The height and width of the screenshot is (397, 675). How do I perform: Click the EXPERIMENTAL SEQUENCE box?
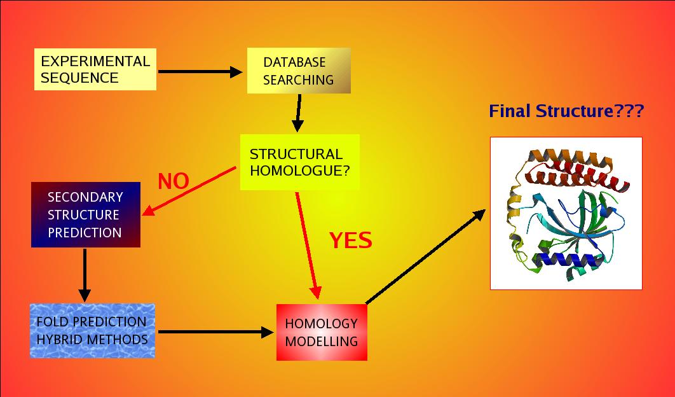coord(95,69)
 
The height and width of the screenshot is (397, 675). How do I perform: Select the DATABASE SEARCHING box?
coord(298,71)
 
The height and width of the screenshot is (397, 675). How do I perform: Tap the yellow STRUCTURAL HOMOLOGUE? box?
coord(299,162)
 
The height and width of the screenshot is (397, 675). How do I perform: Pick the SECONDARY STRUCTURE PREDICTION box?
coord(85,214)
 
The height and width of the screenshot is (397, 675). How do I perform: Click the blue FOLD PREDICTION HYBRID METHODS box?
coord(92,330)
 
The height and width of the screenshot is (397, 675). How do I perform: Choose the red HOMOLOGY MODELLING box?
coord(322,332)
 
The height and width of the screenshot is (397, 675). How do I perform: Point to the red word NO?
coord(174,181)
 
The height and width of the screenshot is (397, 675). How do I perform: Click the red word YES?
coord(350,240)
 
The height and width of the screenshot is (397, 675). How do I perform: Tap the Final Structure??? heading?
coord(566,111)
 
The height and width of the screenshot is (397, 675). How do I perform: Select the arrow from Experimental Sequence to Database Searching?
coord(200,72)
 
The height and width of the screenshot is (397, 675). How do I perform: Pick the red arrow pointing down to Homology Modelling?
coord(307,245)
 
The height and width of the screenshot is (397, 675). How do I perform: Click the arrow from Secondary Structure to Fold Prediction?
coord(84,275)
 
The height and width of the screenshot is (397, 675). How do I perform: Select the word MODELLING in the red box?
coord(322,341)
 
